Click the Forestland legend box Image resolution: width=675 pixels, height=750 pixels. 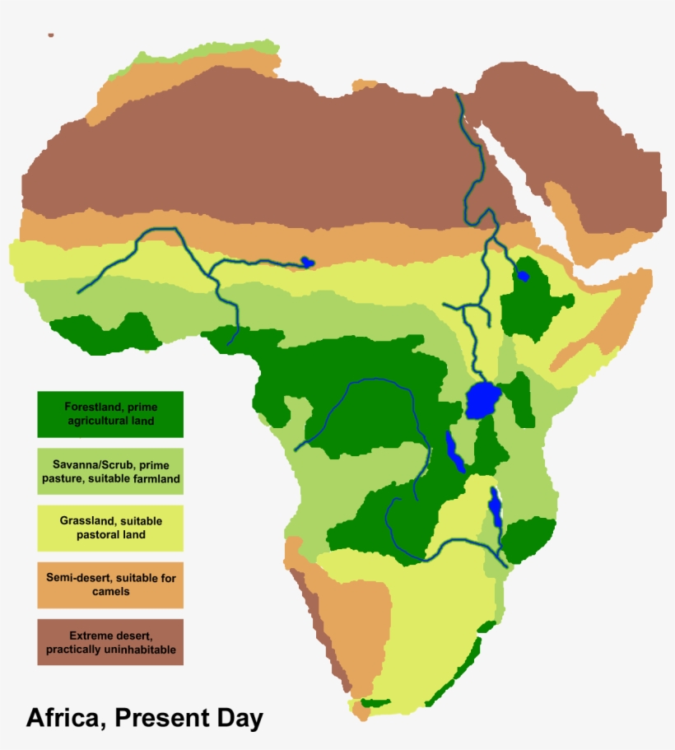[x=109, y=414]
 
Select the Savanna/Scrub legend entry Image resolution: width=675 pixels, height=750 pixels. [x=109, y=471]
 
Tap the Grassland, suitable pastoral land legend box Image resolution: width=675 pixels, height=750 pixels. [x=109, y=528]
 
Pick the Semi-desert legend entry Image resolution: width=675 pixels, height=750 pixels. [x=109, y=585]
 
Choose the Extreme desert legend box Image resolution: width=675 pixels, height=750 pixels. [x=109, y=642]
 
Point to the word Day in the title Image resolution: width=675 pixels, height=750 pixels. [x=240, y=717]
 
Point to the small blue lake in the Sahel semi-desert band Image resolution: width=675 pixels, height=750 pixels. [x=307, y=262]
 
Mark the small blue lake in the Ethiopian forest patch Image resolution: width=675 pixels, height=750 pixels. [x=522, y=275]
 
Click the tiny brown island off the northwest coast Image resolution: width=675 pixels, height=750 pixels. [x=51, y=35]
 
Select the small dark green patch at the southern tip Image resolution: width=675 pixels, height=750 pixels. [x=375, y=703]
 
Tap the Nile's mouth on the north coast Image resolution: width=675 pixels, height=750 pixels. [x=458, y=95]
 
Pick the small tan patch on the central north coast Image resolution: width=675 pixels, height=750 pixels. [x=363, y=85]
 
